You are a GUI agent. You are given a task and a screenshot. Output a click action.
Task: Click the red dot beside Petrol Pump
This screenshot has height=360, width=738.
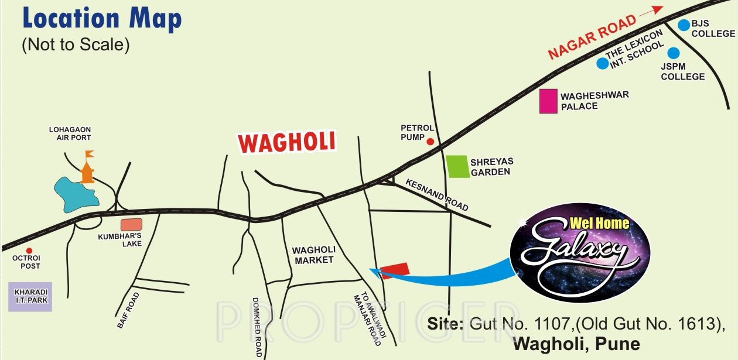tap(429, 141)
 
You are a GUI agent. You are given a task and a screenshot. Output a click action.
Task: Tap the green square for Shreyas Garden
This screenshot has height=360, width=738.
tap(457, 166)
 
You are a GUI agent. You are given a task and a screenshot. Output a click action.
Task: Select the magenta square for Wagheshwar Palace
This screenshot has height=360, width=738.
tap(548, 101)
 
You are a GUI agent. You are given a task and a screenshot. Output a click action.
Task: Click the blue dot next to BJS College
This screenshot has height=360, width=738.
tap(684, 25)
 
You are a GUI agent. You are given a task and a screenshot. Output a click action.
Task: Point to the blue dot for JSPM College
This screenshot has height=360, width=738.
tap(674, 52)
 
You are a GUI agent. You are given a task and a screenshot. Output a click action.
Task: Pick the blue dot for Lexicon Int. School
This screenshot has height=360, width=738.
tap(602, 63)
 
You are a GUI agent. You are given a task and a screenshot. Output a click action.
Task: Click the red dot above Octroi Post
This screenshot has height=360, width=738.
tap(29, 251)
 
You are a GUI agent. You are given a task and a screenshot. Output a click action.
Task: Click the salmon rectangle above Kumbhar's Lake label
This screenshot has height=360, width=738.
tap(132, 224)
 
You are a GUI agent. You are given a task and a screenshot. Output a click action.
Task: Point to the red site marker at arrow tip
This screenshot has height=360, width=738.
tap(394, 270)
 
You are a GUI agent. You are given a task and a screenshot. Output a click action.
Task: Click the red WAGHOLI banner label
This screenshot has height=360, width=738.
tap(287, 142)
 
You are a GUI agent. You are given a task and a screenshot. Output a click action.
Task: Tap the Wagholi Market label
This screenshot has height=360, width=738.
tap(313, 255)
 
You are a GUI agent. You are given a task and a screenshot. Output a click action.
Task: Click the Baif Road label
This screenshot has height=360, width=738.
tap(129, 310)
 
